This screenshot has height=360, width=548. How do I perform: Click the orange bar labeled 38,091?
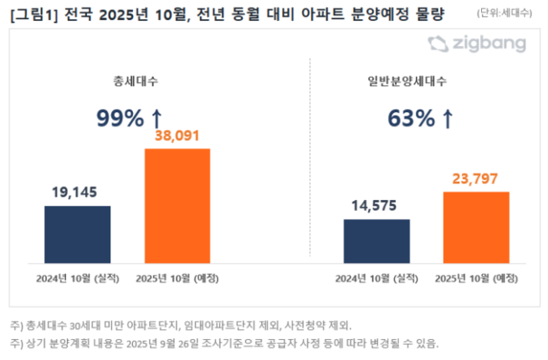coord(177,206)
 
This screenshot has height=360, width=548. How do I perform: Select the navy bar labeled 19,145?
coord(77,234)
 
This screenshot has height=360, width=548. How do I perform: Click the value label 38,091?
coord(177,136)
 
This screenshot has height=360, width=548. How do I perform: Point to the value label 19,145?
coord(77,193)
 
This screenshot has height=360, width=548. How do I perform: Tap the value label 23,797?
coord(476,179)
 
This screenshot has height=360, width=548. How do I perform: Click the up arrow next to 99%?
coord(156,119)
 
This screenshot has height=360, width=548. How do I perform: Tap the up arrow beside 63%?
coord(448,119)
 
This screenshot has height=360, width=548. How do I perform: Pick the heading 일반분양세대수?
coord(419,82)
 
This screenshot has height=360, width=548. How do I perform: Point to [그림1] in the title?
coord(35,14)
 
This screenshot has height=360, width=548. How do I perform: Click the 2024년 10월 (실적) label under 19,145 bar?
coord(77,277)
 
